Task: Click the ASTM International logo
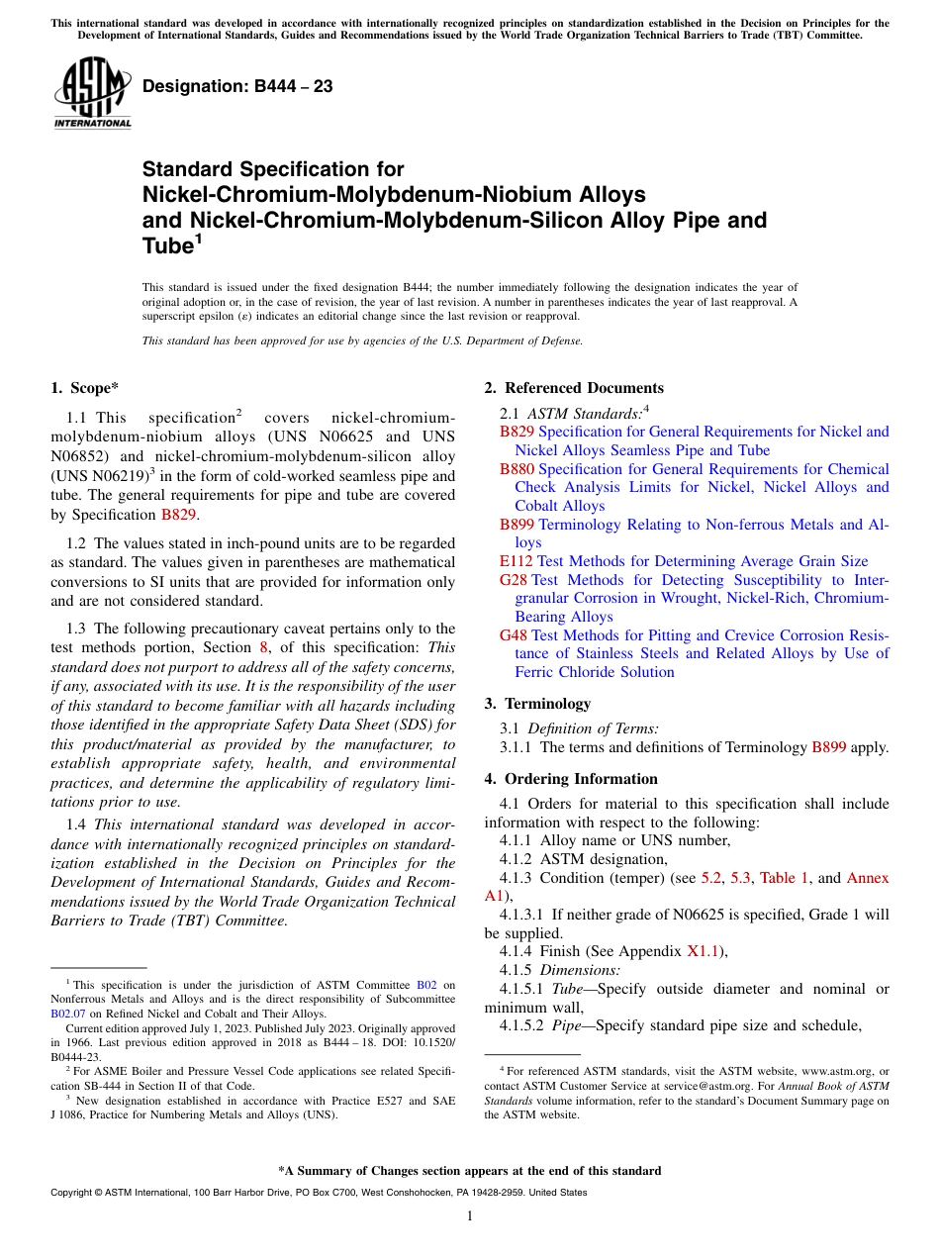click(x=92, y=93)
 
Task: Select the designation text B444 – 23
click(x=237, y=87)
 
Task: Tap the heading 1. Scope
click(x=86, y=388)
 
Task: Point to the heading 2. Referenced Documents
click(x=574, y=388)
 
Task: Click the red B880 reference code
click(x=517, y=469)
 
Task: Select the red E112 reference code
click(x=517, y=561)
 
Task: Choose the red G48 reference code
click(x=514, y=635)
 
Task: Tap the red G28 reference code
click(x=514, y=580)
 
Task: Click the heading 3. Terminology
click(x=537, y=704)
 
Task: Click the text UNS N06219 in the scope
click(x=100, y=477)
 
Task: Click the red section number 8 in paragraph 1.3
click(x=263, y=647)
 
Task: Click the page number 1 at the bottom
click(x=470, y=1216)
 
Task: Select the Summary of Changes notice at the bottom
click(x=470, y=1171)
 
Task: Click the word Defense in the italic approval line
click(x=559, y=340)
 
